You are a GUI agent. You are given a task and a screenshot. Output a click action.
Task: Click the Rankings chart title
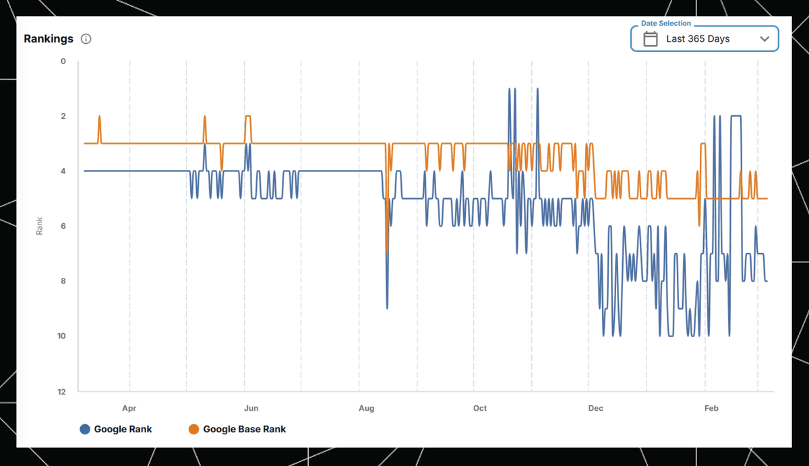(49, 38)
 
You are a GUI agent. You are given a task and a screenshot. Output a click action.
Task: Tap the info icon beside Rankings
(86, 39)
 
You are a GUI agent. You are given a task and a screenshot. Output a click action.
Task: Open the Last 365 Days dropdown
(704, 39)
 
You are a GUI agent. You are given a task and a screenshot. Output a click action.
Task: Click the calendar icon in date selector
(650, 39)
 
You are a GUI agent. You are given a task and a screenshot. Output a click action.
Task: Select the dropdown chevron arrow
(765, 39)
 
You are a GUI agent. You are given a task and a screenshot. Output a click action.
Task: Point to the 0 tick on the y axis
(63, 61)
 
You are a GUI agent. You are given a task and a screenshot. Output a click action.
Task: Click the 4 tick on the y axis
(63, 171)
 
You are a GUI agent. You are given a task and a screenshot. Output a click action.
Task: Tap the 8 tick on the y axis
(63, 281)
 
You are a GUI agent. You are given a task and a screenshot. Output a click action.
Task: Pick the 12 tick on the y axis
(62, 392)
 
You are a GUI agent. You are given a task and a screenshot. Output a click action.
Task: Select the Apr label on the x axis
(129, 408)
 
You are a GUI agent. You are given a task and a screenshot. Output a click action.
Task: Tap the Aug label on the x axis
(366, 408)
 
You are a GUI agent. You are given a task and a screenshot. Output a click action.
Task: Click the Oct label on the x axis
(479, 408)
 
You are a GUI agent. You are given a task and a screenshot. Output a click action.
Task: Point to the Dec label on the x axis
(595, 408)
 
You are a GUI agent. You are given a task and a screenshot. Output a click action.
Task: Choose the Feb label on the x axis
(711, 408)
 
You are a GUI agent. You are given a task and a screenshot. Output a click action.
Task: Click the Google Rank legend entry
(116, 429)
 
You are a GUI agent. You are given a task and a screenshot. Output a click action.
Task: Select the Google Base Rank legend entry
(237, 429)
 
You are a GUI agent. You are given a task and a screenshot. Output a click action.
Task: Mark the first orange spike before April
(99, 117)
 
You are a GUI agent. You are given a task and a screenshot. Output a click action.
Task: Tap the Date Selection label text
(665, 24)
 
